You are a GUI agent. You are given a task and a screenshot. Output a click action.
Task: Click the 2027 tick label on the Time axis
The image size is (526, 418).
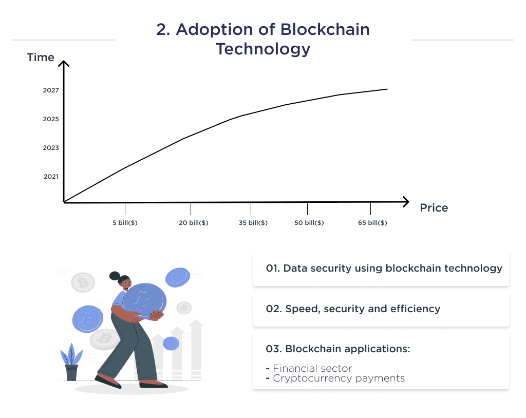(x=51, y=90)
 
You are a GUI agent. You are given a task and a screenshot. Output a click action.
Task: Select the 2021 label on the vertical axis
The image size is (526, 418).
(x=51, y=177)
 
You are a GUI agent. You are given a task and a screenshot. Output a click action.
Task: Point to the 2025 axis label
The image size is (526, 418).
(x=51, y=119)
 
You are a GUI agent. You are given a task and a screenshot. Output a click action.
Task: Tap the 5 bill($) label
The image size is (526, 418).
(x=125, y=223)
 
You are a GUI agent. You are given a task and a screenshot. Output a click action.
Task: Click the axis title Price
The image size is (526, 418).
(x=434, y=208)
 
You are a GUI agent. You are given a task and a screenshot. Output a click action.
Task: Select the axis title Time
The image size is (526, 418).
(x=41, y=58)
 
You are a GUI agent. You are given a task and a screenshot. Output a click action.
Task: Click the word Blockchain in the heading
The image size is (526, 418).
(x=325, y=29)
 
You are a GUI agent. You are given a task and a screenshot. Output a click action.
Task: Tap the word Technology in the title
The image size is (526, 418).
(x=263, y=49)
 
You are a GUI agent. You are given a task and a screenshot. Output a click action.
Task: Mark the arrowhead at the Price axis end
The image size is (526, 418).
(x=406, y=201)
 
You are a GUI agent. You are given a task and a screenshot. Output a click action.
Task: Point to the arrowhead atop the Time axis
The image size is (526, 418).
(x=63, y=64)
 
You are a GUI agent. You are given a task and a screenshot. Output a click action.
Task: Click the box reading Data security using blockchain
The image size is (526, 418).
(x=381, y=268)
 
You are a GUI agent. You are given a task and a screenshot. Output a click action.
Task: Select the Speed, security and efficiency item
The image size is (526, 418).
(x=381, y=309)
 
